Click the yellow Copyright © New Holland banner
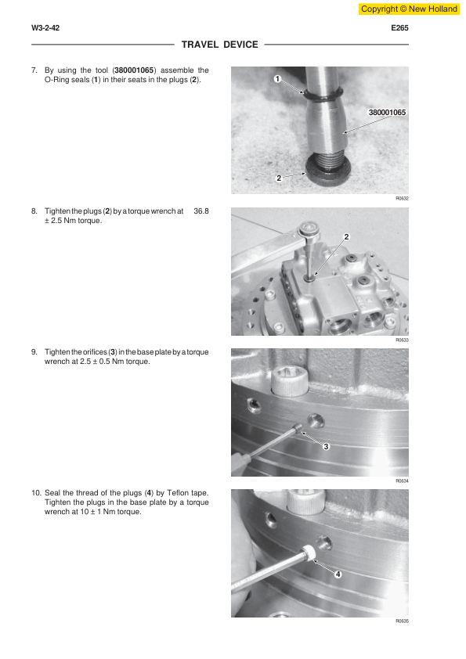point(409,9)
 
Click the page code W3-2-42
point(45,28)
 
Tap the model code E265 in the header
point(399,28)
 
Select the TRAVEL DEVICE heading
point(219,45)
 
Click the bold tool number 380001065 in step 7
point(134,70)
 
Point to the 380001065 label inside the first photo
point(387,112)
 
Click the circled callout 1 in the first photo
point(277,78)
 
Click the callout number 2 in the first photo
point(278,178)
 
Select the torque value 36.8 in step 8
point(201,211)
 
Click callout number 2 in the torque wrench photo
point(346,236)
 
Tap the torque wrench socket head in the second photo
point(309,230)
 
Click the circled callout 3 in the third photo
point(326,446)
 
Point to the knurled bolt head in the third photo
point(290,381)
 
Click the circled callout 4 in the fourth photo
point(338,574)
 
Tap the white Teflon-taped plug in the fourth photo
point(309,553)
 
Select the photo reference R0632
point(402,198)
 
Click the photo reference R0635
point(402,621)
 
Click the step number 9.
point(34,351)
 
